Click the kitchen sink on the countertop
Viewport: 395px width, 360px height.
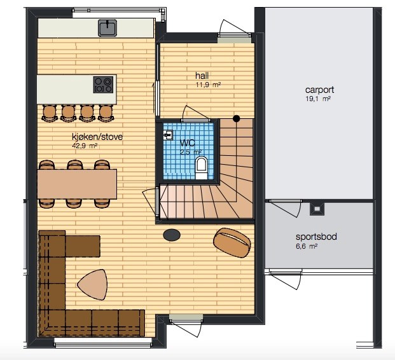click(x=107, y=28)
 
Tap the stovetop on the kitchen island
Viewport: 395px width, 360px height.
click(x=103, y=85)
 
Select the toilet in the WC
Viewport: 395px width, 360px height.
click(x=201, y=167)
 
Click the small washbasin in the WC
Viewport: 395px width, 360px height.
click(x=168, y=135)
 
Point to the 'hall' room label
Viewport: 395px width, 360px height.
click(x=202, y=75)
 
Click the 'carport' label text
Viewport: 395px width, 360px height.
click(x=319, y=90)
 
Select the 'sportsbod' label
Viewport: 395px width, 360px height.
click(x=316, y=237)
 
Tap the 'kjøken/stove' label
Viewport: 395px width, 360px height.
click(x=97, y=137)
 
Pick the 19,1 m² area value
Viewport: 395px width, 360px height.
click(x=318, y=99)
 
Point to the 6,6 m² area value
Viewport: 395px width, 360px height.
click(x=307, y=246)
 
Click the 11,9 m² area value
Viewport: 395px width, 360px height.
click(x=209, y=85)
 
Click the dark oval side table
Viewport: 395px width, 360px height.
click(x=172, y=235)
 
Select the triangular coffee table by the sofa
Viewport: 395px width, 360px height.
click(x=93, y=284)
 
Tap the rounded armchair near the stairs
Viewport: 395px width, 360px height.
click(x=232, y=242)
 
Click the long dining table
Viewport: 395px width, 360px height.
click(x=77, y=184)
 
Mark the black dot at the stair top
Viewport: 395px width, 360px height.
click(x=236, y=118)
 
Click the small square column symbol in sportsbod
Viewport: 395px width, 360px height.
click(x=317, y=209)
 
